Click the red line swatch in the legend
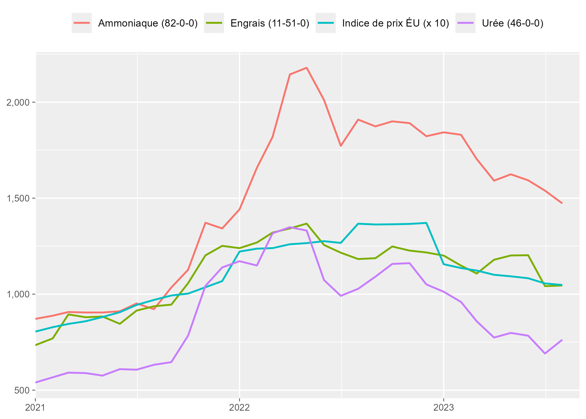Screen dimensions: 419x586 point(82,23)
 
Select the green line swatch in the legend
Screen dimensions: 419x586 point(214,23)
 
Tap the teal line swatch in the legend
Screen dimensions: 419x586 point(326,23)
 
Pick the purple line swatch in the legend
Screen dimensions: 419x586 point(465,23)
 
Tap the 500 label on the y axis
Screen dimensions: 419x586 point(22,390)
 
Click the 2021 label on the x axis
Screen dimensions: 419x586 point(35,408)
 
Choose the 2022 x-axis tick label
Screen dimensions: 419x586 point(239,408)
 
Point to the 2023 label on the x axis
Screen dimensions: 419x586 point(444,408)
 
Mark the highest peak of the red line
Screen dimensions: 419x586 point(307,68)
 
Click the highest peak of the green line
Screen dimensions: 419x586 point(307,224)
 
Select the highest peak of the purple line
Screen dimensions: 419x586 point(290,227)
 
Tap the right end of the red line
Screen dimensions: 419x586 point(562,203)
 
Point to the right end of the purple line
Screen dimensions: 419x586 point(562,340)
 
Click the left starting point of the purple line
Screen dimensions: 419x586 point(36,382)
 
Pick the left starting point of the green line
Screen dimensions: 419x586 point(36,345)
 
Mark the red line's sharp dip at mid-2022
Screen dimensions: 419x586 point(341,146)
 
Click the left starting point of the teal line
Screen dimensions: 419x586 point(36,332)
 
